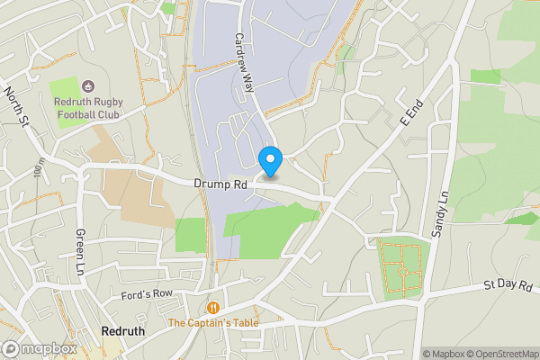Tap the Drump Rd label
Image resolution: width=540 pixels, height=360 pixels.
pyautogui.click(x=220, y=184)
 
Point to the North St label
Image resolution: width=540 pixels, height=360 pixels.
pyautogui.click(x=16, y=106)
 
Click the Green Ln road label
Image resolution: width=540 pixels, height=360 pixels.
pyautogui.click(x=80, y=251)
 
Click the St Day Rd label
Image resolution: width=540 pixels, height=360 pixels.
pyautogui.click(x=508, y=286)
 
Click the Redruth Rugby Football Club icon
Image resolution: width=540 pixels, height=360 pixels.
pyautogui.click(x=88, y=87)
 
